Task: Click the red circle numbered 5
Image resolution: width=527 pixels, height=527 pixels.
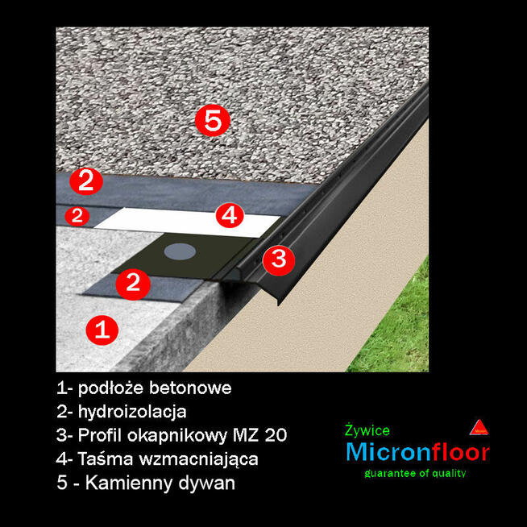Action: pos(212,122)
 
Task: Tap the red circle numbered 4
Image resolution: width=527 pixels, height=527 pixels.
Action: pos(230,215)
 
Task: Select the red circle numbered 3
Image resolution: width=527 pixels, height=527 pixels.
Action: pos(278,259)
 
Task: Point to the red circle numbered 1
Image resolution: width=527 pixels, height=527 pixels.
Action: pos(102,329)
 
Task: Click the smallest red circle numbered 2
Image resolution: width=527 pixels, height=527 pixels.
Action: pos(77,215)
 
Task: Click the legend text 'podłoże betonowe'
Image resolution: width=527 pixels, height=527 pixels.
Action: pos(156,388)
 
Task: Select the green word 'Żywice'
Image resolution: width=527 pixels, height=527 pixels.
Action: pos(367,431)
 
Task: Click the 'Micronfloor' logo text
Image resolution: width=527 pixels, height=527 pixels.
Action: pos(417,452)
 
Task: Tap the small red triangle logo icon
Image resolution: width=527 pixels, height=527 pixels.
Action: pos(479,428)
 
